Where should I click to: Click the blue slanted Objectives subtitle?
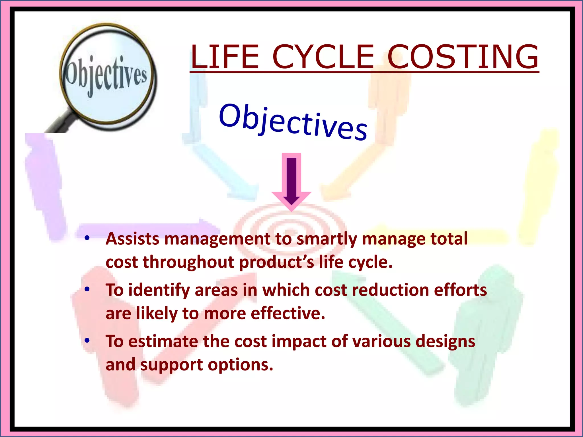[293, 122]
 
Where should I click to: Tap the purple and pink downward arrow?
[291, 182]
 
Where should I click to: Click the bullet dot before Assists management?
[87, 238]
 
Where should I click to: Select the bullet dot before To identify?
[87, 289]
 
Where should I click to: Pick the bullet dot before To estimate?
[87, 340]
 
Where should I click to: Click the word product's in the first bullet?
[276, 262]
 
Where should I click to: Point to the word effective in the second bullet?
[288, 313]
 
